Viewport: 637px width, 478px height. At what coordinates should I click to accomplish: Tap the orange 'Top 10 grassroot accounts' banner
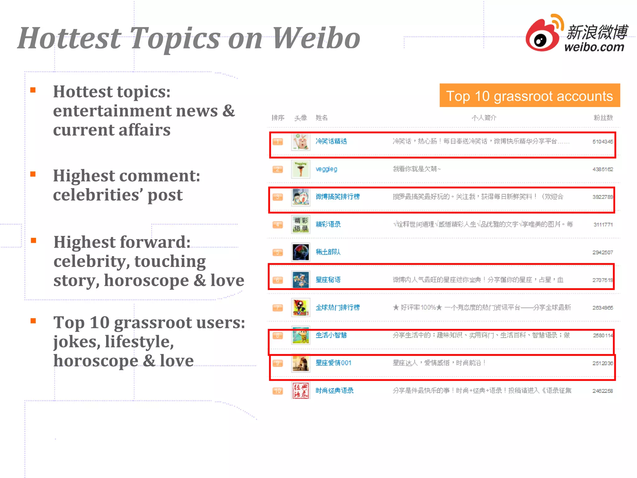(529, 96)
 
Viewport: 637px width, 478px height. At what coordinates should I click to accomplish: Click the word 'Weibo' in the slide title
(316, 38)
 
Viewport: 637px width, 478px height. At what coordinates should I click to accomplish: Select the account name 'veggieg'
(326, 169)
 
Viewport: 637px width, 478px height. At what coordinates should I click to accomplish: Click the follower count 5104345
(602, 142)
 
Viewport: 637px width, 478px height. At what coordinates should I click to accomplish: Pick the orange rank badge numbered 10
(278, 391)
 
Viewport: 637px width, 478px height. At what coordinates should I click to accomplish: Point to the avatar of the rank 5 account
(300, 252)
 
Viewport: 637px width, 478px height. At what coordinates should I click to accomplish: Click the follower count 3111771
(603, 225)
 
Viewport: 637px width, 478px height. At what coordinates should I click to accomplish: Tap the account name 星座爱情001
(333, 363)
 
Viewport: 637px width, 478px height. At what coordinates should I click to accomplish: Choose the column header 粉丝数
(603, 118)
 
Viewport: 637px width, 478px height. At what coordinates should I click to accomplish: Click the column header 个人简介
(484, 118)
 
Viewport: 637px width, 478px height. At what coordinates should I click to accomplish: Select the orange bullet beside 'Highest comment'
(33, 174)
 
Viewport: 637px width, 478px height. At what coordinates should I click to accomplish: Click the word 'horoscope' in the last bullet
(96, 361)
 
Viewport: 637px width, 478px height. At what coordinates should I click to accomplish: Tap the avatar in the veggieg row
(300, 169)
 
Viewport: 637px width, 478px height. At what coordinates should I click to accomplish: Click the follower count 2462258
(602, 391)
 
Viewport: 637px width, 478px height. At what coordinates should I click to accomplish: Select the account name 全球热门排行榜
(337, 307)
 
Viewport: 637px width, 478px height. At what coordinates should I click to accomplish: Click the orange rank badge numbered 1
(278, 142)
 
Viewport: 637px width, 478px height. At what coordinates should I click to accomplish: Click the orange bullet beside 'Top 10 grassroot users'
(33, 321)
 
